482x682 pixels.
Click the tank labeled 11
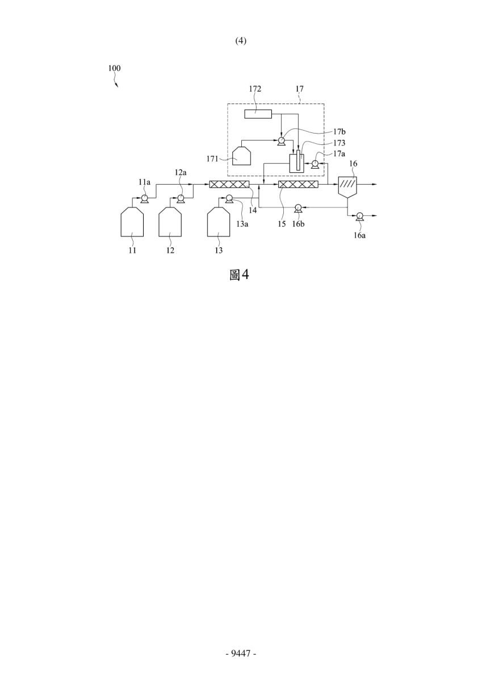[x=132, y=222]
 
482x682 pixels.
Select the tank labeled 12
[x=170, y=222]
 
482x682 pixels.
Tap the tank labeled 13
[x=219, y=222]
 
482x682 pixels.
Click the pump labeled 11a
[x=144, y=199]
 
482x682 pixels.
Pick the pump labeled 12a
[x=181, y=199]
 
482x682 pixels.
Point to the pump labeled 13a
[x=229, y=199]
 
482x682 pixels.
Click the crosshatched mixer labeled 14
[x=229, y=184]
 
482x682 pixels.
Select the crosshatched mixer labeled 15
[x=298, y=184]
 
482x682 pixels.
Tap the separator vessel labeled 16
[x=347, y=187]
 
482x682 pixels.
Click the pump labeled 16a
[x=360, y=216]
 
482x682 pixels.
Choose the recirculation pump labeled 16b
[x=298, y=207]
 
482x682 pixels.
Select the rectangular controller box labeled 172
[x=258, y=114]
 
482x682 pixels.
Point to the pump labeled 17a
[x=315, y=164]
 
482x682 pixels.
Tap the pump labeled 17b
[x=281, y=140]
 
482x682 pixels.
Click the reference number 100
[x=114, y=68]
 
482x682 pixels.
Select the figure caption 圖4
[x=240, y=275]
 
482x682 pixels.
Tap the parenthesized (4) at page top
[x=241, y=40]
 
